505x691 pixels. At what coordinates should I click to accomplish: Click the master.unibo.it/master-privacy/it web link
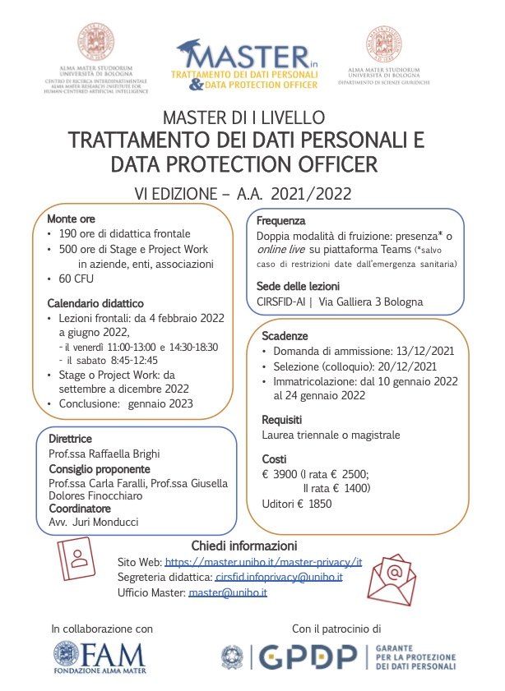(263, 562)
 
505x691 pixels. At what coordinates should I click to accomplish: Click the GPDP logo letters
(308, 656)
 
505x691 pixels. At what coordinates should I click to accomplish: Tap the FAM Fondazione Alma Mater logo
(100, 657)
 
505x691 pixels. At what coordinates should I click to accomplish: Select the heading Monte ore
(72, 219)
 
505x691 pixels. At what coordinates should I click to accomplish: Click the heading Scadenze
(285, 337)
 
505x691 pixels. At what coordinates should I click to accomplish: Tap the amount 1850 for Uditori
(320, 504)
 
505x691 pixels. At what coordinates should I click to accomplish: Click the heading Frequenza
(281, 221)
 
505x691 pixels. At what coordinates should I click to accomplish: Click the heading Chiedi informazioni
(244, 546)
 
